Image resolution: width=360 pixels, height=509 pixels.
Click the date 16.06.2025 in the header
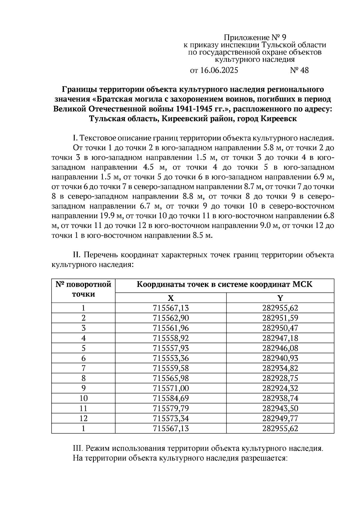point(219,70)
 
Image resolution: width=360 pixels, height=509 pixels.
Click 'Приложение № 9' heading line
point(255,37)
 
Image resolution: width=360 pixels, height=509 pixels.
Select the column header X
point(170,298)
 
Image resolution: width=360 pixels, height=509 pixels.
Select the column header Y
point(280,298)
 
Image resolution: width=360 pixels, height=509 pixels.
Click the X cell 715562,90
point(171,318)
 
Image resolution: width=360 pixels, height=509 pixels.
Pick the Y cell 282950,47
point(280,328)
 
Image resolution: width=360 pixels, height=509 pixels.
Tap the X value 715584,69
point(171,398)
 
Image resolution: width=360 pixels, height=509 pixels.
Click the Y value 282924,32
point(280,388)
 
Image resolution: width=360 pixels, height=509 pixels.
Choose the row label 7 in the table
point(83,368)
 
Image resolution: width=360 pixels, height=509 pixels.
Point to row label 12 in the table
point(83,418)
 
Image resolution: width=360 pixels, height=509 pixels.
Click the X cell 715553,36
point(171,358)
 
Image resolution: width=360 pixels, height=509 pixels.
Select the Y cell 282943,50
point(280,409)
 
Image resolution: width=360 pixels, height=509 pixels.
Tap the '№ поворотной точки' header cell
point(83,289)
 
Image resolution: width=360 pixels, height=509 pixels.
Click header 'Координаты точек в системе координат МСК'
point(224,284)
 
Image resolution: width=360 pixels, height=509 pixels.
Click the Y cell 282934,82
point(280,368)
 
